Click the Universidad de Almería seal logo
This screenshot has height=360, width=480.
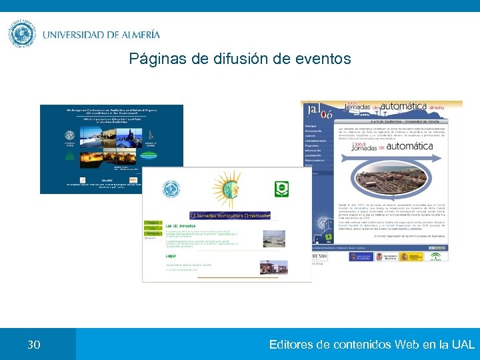pos(23,33)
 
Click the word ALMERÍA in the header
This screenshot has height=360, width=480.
pos(132,35)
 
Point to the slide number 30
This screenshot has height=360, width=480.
pos(33,345)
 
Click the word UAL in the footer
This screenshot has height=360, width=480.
pos(463,345)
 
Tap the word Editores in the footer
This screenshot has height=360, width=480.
pos(292,345)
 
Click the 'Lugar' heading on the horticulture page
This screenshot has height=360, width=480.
pos(172,255)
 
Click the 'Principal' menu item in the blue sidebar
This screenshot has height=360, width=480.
pos(311,125)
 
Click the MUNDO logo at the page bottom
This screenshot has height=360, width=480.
pos(320,256)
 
